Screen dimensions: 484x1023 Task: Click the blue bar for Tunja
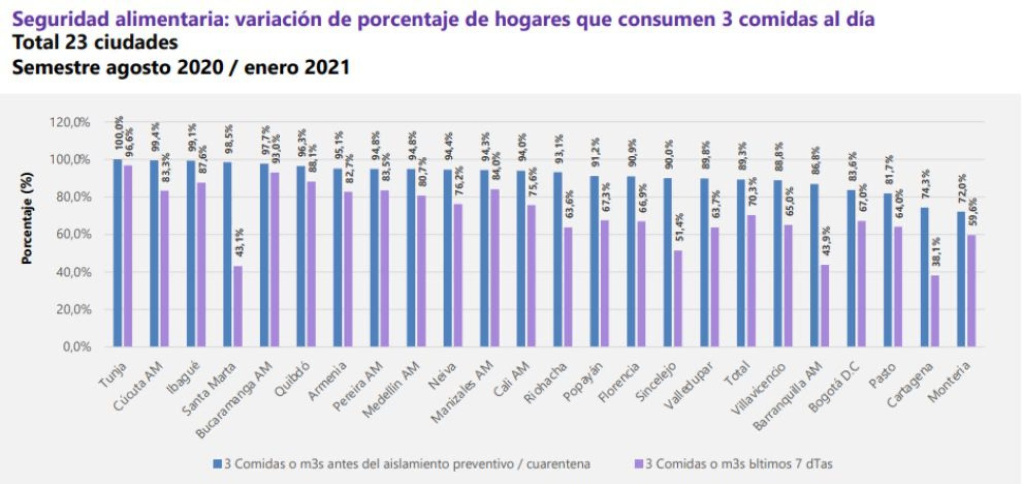(x=118, y=253)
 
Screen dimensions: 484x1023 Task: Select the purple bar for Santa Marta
(x=238, y=306)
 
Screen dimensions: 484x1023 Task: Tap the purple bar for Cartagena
(x=936, y=311)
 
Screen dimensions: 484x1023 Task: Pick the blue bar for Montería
(x=961, y=279)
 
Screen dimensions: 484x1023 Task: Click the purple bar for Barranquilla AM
(x=825, y=306)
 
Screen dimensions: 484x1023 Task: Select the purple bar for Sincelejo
(x=678, y=299)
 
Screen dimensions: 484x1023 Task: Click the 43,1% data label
(x=239, y=243)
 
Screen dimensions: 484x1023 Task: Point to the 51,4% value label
(x=679, y=228)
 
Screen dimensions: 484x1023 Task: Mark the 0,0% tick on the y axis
(x=77, y=347)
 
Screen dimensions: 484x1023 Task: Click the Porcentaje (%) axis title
(x=27, y=218)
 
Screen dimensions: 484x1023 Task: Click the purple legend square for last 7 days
(x=638, y=465)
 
